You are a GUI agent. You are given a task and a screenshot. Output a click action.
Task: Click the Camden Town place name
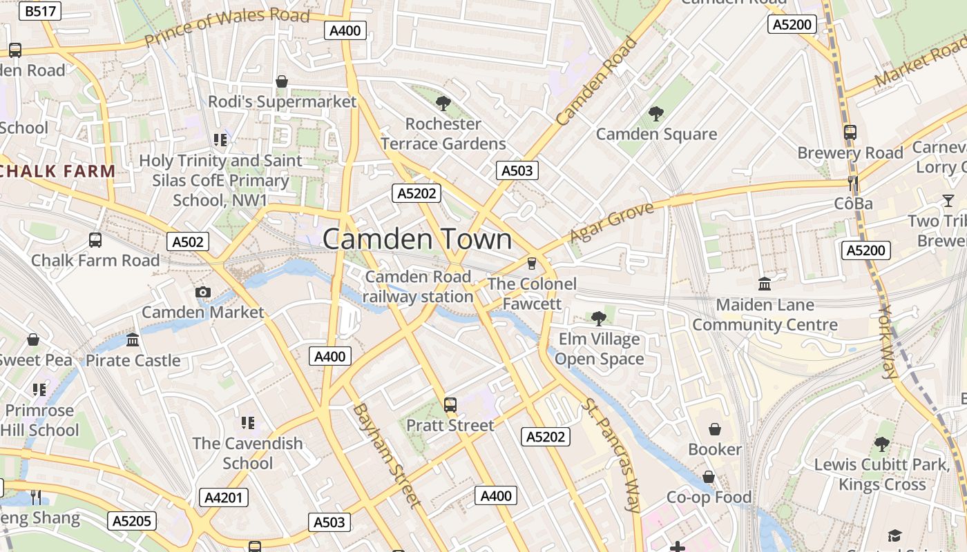pyautogui.click(x=417, y=239)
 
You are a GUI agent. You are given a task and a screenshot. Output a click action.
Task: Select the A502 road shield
pyautogui.click(x=188, y=241)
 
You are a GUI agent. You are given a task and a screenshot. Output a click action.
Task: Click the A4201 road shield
pyautogui.click(x=225, y=497)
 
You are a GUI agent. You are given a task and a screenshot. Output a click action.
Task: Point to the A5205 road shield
pyautogui.click(x=131, y=521)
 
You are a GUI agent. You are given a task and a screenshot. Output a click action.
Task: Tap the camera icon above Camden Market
pyautogui.click(x=202, y=292)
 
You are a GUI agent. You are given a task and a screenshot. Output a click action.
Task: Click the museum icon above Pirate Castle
pyautogui.click(x=133, y=340)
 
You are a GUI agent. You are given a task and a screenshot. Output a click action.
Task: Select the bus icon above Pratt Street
pyautogui.click(x=450, y=405)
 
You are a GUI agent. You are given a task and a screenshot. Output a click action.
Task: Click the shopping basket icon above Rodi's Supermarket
pyautogui.click(x=282, y=82)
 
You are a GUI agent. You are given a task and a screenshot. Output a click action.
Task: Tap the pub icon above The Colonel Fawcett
pyautogui.click(x=531, y=263)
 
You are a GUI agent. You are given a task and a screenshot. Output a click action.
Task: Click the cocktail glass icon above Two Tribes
pyautogui.click(x=948, y=201)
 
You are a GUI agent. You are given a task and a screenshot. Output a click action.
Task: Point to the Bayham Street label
pyautogui.click(x=386, y=455)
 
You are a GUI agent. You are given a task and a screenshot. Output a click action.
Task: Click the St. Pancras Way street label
pyautogui.click(x=613, y=455)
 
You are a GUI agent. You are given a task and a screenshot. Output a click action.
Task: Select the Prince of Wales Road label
pyautogui.click(x=227, y=26)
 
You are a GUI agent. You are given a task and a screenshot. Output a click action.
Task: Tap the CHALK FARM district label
pyautogui.click(x=57, y=171)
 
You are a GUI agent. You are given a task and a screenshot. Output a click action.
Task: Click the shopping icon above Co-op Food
pyautogui.click(x=709, y=477)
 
